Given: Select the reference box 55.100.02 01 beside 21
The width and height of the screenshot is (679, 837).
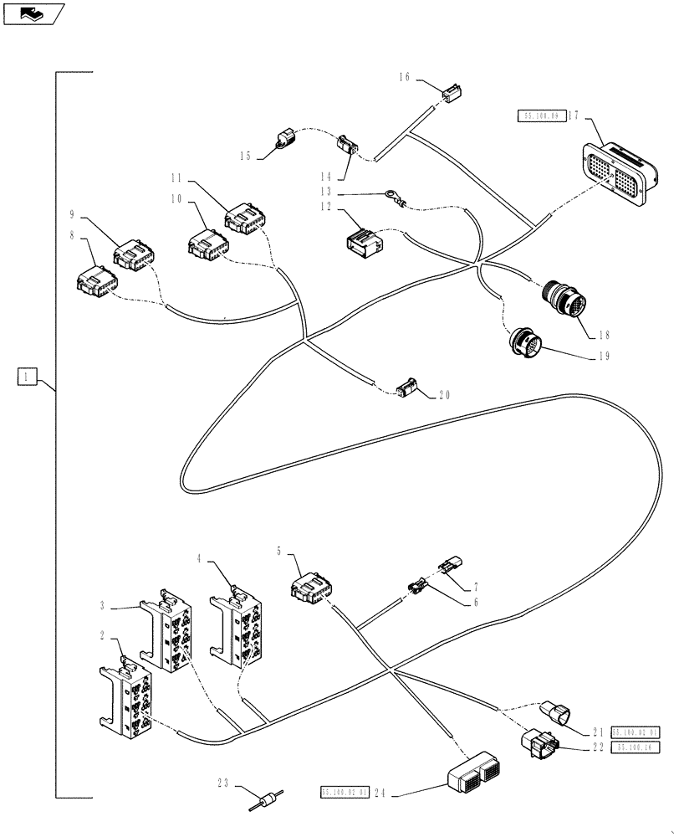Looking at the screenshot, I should tap(636, 731).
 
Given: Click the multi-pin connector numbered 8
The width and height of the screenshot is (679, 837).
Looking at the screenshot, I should tap(93, 278).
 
